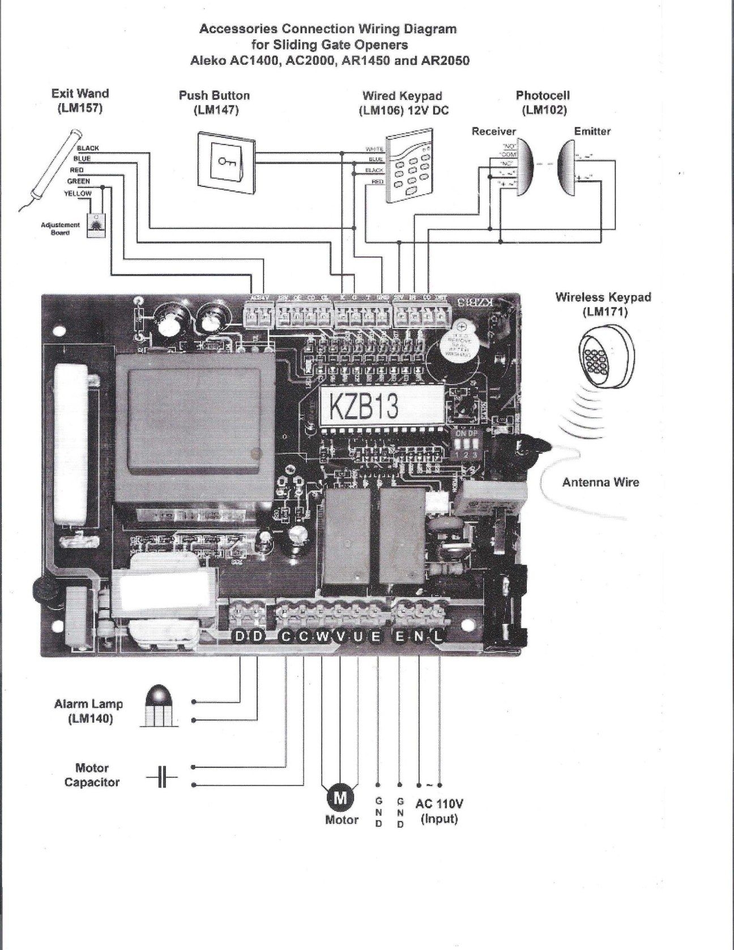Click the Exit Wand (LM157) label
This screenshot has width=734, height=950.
pos(80,100)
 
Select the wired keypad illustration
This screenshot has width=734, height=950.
pos(411,169)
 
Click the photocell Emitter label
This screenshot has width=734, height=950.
pos(592,131)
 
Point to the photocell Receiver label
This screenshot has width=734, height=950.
pos(494,131)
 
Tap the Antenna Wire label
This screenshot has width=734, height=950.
pos(600,482)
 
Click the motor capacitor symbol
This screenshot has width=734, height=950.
pos(161,777)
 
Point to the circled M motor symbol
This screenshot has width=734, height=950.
pos(341,798)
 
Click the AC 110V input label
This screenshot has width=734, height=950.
pos(439,810)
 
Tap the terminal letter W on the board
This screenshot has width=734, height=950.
pos(322,637)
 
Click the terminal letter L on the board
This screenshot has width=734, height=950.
pos(438,637)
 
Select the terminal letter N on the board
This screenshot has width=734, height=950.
pos(419,637)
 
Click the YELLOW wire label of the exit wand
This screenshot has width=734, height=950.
pos(79,193)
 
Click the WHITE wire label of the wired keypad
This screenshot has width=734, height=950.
pos(375,150)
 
